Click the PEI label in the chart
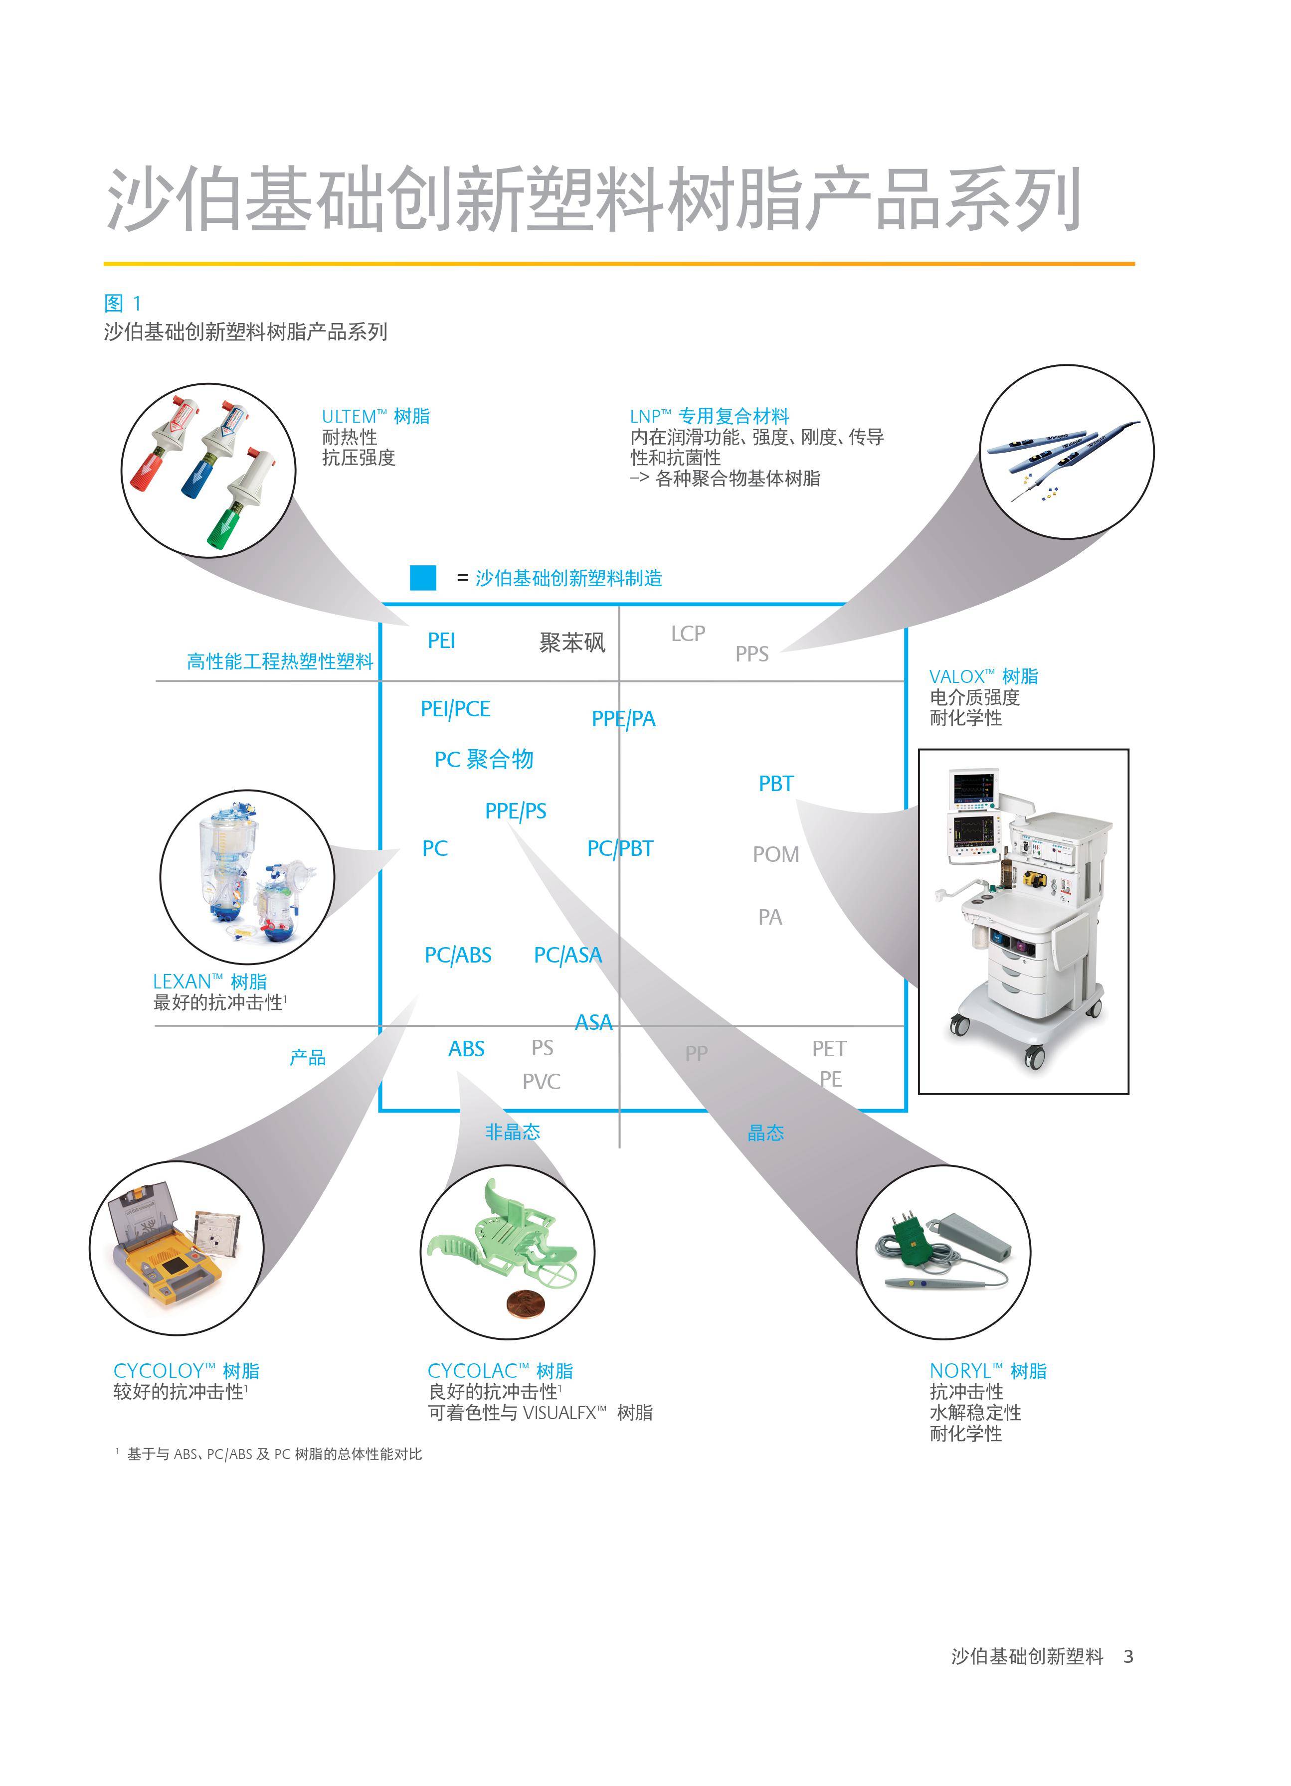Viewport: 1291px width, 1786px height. click(441, 641)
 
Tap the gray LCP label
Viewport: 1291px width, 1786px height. click(688, 633)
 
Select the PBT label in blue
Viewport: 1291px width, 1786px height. click(776, 784)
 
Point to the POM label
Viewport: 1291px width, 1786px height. click(776, 854)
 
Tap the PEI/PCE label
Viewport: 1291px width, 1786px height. click(455, 709)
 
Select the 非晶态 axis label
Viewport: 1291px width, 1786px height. click(512, 1132)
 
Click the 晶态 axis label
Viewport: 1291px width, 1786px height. click(765, 1133)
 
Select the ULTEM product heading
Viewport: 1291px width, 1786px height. click(375, 417)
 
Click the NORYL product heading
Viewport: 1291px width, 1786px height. click(988, 1371)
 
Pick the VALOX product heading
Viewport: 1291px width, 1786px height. click(984, 676)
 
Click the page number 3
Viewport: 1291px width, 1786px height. click(1128, 1656)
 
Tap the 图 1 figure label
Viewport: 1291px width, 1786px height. click(122, 303)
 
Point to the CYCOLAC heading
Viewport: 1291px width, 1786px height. click(500, 1371)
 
